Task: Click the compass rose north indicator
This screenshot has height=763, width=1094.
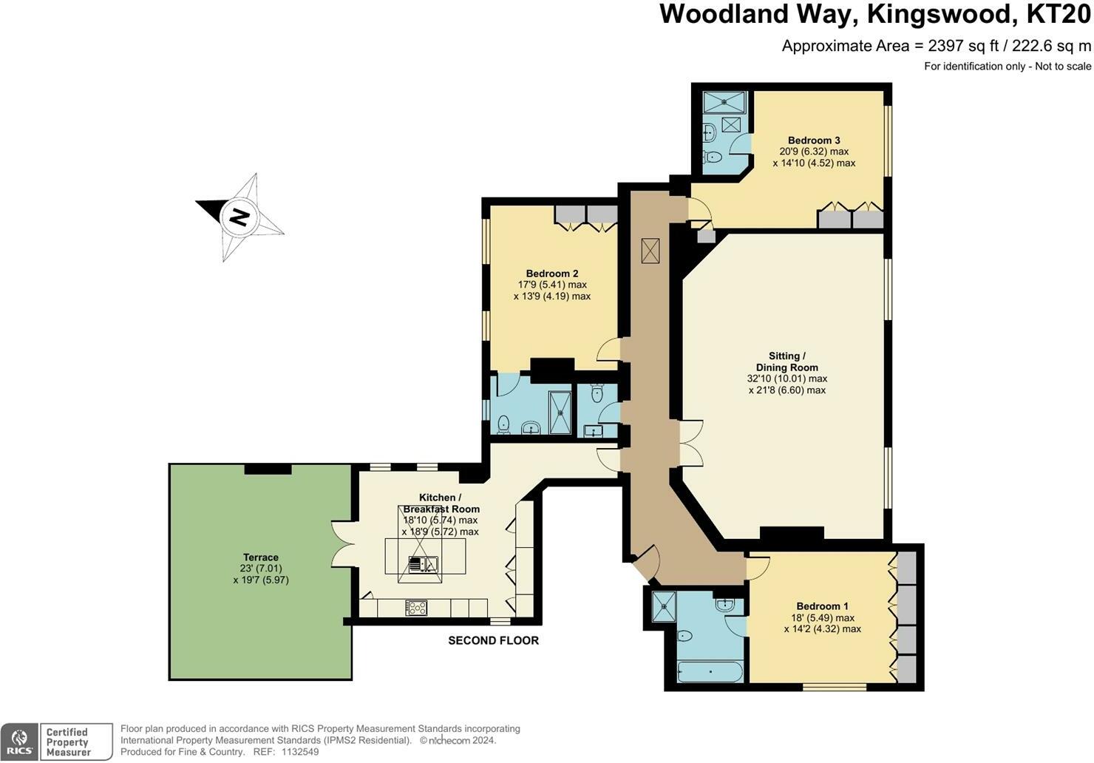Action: [239, 217]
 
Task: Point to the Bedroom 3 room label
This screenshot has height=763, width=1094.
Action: [813, 140]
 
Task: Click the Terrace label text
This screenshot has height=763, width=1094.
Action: [261, 557]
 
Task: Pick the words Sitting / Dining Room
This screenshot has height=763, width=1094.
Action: [786, 362]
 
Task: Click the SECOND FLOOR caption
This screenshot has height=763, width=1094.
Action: [493, 640]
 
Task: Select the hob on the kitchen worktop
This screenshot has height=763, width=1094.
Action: [416, 608]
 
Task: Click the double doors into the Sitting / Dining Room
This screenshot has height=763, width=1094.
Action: [690, 444]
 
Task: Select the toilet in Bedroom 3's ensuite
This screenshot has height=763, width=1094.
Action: [713, 157]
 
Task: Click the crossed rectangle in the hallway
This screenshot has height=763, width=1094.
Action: [650, 251]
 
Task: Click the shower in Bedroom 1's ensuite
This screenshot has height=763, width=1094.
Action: [663, 606]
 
